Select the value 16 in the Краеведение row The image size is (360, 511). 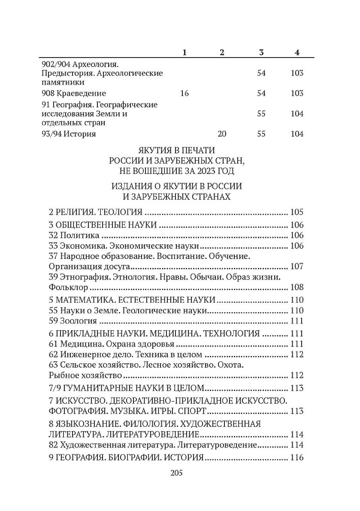(185, 93)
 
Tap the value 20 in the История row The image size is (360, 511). (222, 134)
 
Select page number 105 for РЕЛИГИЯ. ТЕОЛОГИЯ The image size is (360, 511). (297, 212)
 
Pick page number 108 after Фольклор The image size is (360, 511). (297, 287)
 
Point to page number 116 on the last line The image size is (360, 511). (297, 458)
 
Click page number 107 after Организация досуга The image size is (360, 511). (297, 266)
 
